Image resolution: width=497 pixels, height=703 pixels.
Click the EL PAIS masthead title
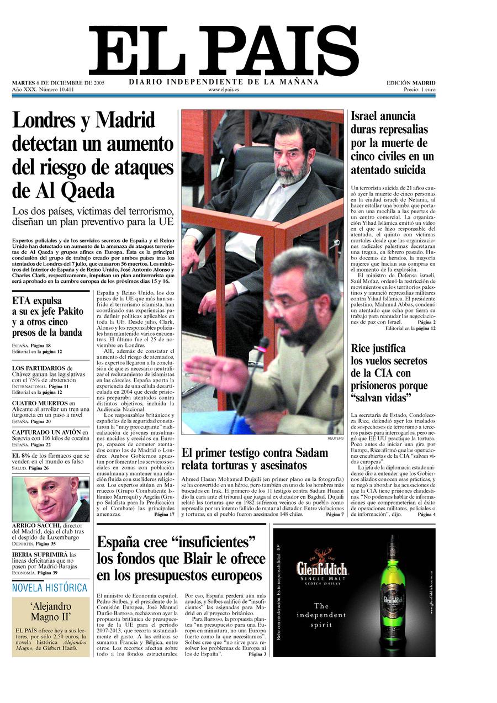224,51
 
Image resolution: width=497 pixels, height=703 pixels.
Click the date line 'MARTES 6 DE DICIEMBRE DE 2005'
59,83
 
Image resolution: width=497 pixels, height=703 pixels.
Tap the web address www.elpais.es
224,89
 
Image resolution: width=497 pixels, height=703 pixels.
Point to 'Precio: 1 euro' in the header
419,89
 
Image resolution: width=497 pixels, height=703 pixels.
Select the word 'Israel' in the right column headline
370,117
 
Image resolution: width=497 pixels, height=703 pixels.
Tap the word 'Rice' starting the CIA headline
363,348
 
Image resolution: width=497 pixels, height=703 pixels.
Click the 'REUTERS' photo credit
335,438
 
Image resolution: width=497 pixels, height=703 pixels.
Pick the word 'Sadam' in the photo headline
310,453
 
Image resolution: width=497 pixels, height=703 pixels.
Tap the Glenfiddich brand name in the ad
322,569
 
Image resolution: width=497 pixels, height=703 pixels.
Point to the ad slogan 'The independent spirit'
321,615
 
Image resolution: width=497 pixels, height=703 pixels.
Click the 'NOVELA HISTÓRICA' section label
50,588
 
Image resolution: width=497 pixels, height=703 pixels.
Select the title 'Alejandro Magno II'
51,611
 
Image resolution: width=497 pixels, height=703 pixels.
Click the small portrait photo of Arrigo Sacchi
50,499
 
